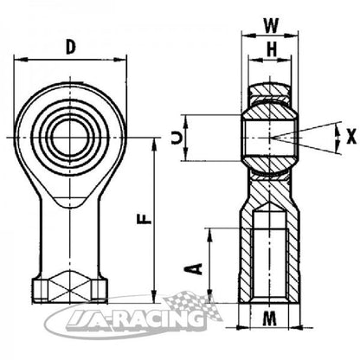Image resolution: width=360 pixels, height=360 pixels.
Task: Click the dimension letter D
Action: (x=70, y=47)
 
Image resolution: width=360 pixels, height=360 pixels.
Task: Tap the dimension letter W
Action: (x=272, y=26)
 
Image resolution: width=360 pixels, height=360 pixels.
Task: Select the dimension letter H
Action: (x=272, y=49)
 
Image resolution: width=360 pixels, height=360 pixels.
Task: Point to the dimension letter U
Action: (x=177, y=138)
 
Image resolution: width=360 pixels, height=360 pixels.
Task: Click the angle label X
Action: (x=351, y=137)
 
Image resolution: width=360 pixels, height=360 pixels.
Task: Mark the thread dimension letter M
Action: (x=270, y=318)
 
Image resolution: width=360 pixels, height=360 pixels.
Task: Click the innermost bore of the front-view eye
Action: (x=69, y=136)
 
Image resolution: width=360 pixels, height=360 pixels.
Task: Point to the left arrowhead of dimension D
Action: (x=19, y=60)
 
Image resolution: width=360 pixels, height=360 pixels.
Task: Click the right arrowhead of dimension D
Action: (x=120, y=60)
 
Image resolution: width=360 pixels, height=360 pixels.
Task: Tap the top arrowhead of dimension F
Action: (x=154, y=144)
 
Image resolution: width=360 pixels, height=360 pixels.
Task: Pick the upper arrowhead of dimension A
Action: (x=210, y=235)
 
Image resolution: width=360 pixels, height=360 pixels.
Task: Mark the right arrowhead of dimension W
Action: (x=291, y=35)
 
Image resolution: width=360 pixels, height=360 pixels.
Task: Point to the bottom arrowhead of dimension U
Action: (x=186, y=155)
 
